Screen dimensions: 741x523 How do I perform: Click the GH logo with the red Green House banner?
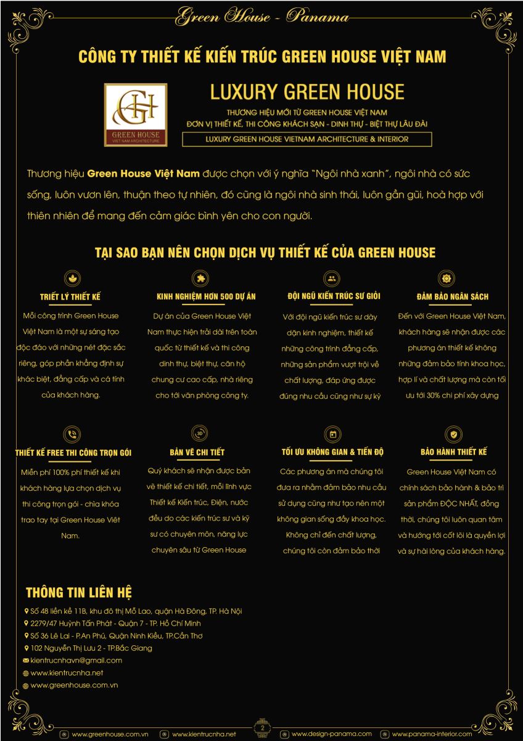click(x=136, y=115)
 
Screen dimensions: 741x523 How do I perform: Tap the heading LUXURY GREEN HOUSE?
click(x=307, y=92)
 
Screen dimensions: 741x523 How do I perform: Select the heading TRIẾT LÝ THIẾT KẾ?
click(x=70, y=297)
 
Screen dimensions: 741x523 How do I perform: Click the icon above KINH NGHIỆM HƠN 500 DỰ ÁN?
click(x=199, y=277)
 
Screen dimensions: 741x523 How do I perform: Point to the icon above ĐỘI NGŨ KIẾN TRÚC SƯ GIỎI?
click(x=332, y=277)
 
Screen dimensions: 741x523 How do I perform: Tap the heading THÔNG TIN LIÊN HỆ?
click(x=78, y=593)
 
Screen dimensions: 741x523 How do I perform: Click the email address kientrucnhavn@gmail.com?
click(x=76, y=660)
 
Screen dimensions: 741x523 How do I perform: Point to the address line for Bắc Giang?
click(x=91, y=648)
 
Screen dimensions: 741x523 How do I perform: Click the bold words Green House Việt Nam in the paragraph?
click(x=144, y=174)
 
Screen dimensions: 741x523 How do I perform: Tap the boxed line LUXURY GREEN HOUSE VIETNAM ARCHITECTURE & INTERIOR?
click(x=307, y=140)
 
